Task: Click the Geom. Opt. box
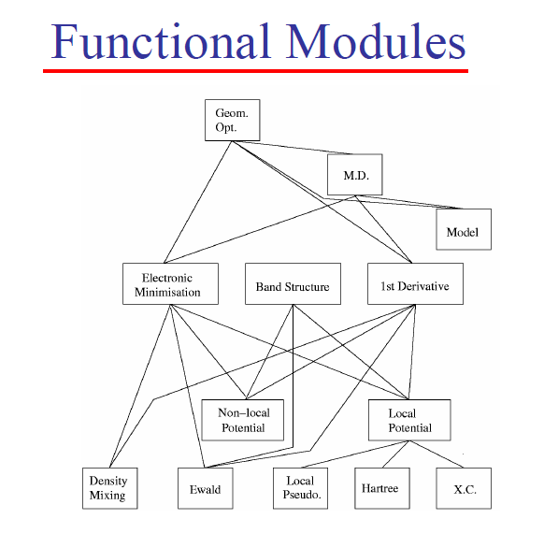[x=233, y=121]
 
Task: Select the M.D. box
[x=354, y=174]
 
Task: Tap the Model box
[x=464, y=229]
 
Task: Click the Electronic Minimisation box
[x=170, y=283]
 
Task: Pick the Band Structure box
[x=293, y=283]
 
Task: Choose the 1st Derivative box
[x=415, y=283]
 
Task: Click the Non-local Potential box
[x=243, y=420]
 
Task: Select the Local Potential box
[x=409, y=420]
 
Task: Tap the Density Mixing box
[x=110, y=488]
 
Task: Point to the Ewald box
[x=206, y=488]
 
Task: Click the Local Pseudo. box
[x=300, y=488]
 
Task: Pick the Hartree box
[x=382, y=488]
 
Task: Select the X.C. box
[x=464, y=488]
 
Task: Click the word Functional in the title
[x=161, y=41]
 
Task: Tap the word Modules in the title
[x=376, y=41]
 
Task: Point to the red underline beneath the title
[x=255, y=71]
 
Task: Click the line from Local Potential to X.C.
[x=437, y=454]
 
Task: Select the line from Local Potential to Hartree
[x=395, y=454]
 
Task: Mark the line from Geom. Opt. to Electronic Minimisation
[x=198, y=202]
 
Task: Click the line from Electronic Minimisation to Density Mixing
[x=140, y=386]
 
